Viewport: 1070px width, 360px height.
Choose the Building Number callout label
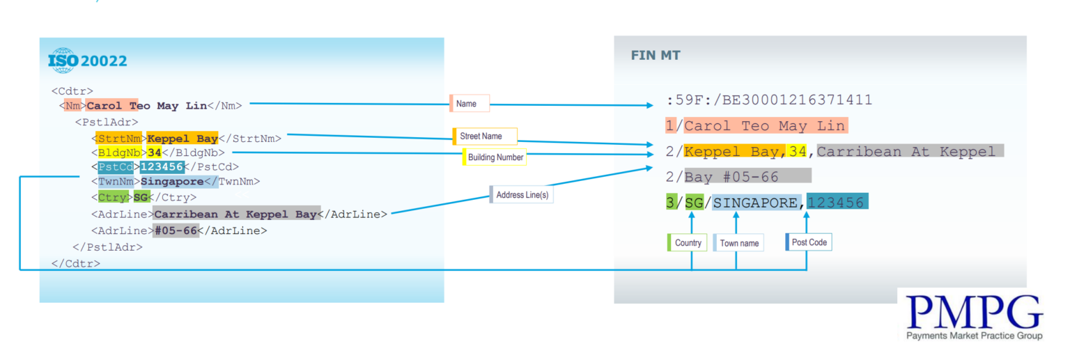coord(495,157)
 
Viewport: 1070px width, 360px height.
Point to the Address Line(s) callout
coord(522,196)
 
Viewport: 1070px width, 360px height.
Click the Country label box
coord(688,243)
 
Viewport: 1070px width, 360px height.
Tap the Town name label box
coord(738,243)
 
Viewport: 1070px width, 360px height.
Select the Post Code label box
coord(808,242)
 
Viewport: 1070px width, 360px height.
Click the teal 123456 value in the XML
coord(162,166)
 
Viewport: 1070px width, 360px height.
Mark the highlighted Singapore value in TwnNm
coord(172,182)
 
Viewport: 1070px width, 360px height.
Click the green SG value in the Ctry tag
coord(141,198)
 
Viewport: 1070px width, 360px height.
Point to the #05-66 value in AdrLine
coord(176,230)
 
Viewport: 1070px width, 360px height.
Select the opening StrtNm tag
coord(118,138)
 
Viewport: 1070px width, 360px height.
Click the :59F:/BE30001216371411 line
coord(768,100)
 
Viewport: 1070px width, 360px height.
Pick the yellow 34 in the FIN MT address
coord(797,151)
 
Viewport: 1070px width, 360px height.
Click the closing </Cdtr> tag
coord(75,263)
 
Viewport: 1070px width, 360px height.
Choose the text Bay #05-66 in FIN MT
coord(731,177)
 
